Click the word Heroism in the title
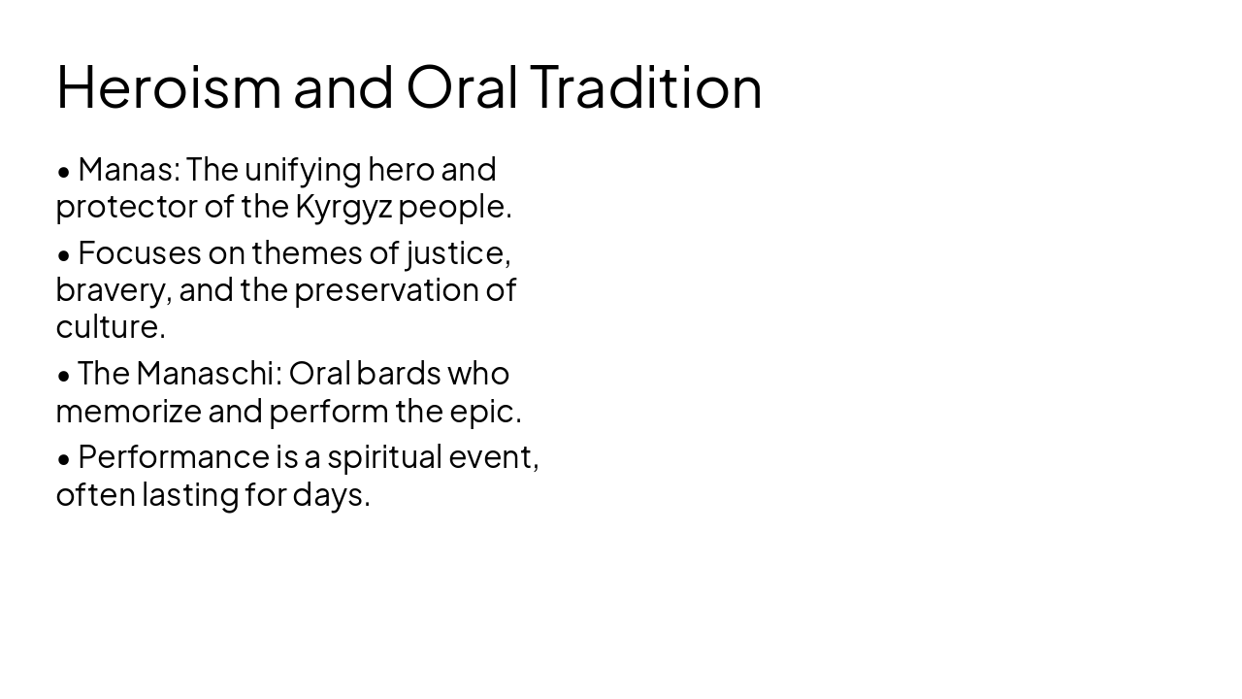coord(168,87)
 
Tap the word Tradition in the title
coord(646,87)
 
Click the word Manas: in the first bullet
coord(129,170)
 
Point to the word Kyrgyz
coord(343,207)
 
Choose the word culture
coord(110,327)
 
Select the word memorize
coord(128,412)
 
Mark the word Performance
coord(166,457)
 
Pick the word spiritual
coord(384,457)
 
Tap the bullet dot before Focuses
coord(64,255)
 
